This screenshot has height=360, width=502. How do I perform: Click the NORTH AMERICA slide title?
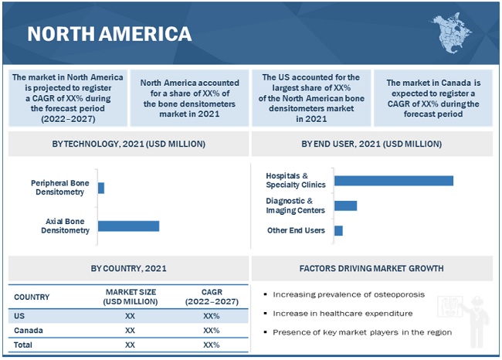pyautogui.click(x=109, y=33)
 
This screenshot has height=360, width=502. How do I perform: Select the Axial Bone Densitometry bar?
pyautogui.click(x=128, y=226)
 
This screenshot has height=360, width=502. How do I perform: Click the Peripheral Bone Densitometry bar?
pyautogui.click(x=101, y=188)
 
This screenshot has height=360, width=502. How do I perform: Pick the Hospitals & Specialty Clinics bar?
pyautogui.click(x=393, y=180)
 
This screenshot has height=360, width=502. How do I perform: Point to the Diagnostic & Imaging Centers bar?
pyautogui.click(x=345, y=205)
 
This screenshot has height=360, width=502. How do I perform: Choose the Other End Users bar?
pyautogui.click(x=338, y=230)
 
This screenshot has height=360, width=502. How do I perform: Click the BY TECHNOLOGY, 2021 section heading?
pyautogui.click(x=128, y=144)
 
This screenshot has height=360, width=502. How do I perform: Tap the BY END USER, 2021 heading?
pyautogui.click(x=371, y=144)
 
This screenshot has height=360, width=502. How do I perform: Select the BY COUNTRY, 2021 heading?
pyautogui.click(x=128, y=269)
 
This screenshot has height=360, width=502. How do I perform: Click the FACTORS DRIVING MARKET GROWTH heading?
pyautogui.click(x=371, y=269)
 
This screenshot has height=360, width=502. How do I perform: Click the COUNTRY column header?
pyautogui.click(x=32, y=297)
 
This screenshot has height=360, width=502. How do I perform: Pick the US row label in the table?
pyautogui.click(x=19, y=316)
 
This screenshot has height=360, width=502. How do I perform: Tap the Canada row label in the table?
pyautogui.click(x=28, y=330)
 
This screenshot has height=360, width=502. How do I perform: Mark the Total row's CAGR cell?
pyautogui.click(x=211, y=345)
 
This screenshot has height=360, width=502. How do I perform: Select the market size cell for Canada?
pyautogui.click(x=130, y=330)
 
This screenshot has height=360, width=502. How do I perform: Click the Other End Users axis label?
pyautogui.click(x=296, y=230)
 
